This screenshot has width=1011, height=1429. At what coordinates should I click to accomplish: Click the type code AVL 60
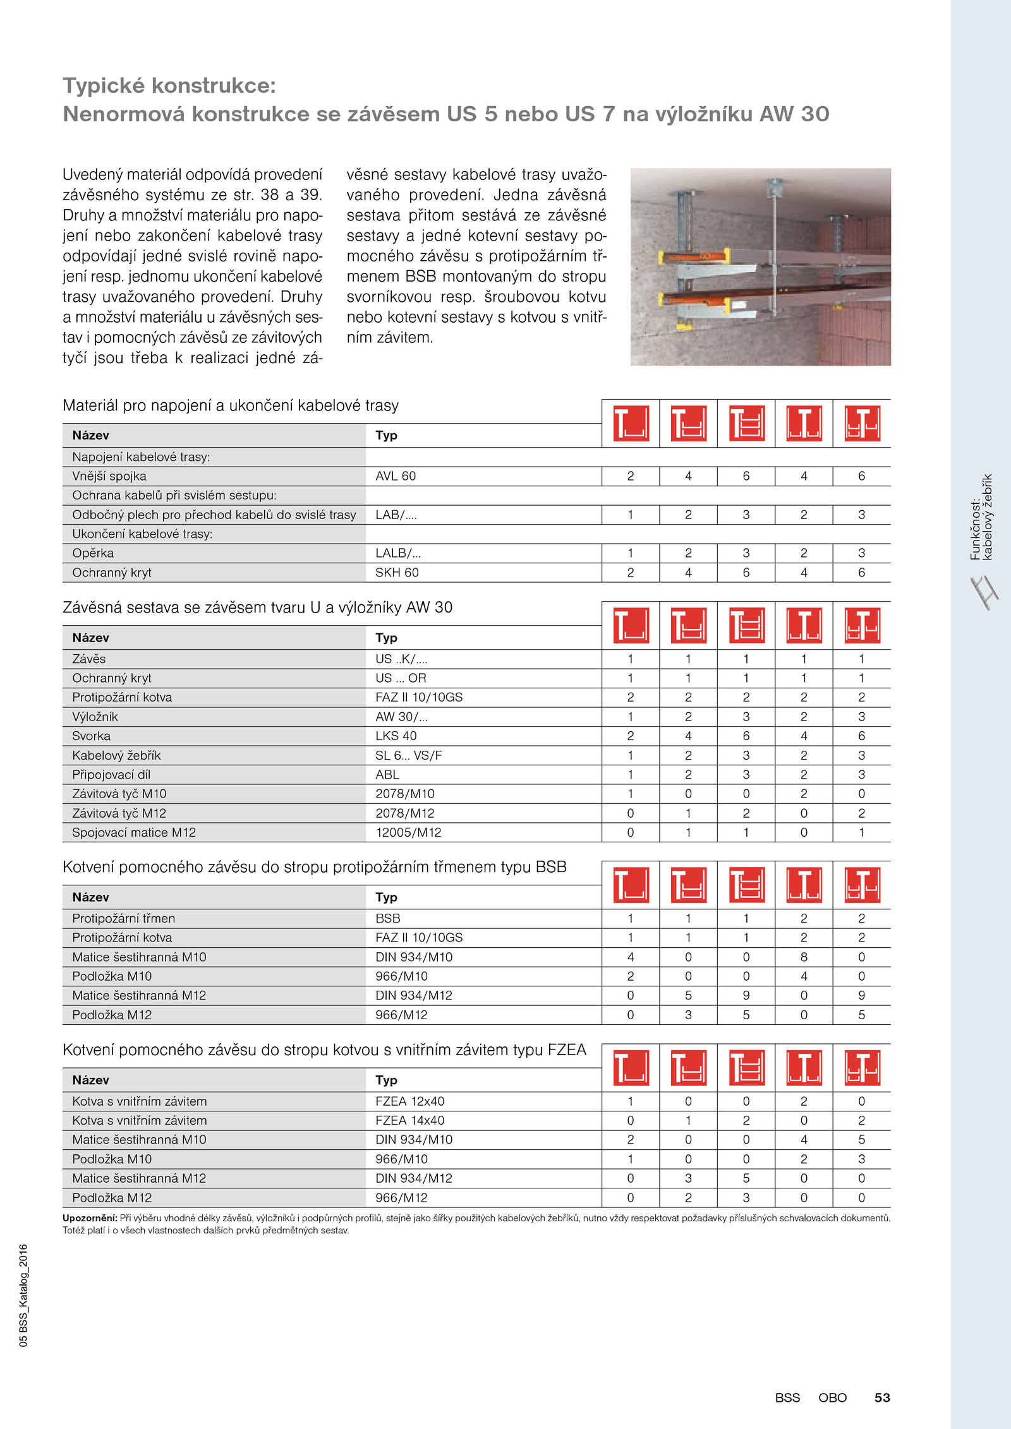pyautogui.click(x=396, y=476)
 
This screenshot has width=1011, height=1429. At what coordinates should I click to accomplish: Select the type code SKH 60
pyautogui.click(x=397, y=573)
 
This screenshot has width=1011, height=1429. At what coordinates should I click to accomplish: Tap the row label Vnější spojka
pyautogui.click(x=109, y=476)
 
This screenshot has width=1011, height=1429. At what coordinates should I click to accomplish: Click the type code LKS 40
pyautogui.click(x=396, y=736)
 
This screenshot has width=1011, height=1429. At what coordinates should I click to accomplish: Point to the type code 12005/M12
pyautogui.click(x=408, y=832)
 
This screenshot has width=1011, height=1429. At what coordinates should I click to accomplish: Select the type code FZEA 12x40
pyautogui.click(x=409, y=1101)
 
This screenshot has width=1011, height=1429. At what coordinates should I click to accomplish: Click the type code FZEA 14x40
pyautogui.click(x=409, y=1120)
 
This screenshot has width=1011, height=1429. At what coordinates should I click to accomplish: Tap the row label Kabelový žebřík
pyautogui.click(x=116, y=755)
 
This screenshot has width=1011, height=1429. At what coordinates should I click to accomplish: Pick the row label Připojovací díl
pyautogui.click(x=111, y=775)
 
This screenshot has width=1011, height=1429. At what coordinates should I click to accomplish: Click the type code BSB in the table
pyautogui.click(x=388, y=918)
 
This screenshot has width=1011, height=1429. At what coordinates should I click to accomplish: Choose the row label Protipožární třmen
pyautogui.click(x=124, y=918)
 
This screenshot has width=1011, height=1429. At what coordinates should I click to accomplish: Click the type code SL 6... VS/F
pyautogui.click(x=409, y=755)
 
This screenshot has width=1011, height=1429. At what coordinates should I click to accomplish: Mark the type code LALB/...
pyautogui.click(x=398, y=553)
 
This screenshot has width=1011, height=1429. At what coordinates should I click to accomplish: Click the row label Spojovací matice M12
pyautogui.click(x=134, y=832)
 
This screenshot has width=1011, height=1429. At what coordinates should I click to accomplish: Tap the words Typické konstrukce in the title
pyautogui.click(x=169, y=85)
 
